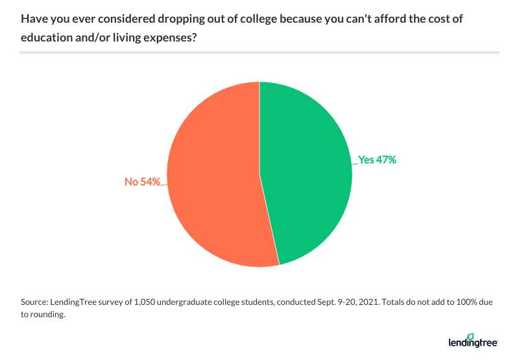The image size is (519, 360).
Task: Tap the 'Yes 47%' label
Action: click(377, 160)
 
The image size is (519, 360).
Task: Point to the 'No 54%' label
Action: click(143, 182)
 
